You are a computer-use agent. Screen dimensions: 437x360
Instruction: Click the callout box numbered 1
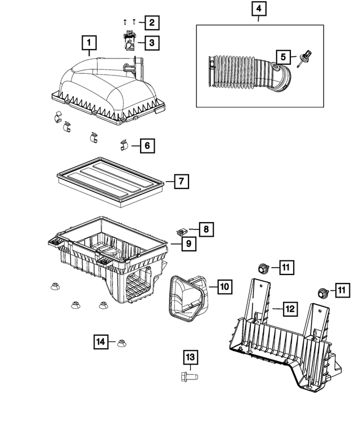(89, 42)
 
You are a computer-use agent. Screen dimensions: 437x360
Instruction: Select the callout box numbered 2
(150, 23)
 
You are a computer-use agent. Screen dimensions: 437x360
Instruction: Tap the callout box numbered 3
(150, 42)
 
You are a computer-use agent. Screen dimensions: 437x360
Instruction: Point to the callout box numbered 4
(258, 10)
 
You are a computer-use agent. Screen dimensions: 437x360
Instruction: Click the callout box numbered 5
(283, 56)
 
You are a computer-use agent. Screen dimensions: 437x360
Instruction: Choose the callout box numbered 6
(146, 146)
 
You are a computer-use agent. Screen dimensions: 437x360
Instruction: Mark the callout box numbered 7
(181, 182)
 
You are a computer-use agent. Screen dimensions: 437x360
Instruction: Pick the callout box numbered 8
(206, 229)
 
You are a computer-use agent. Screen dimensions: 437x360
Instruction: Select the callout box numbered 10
(223, 287)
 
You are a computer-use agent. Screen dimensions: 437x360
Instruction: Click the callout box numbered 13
(190, 357)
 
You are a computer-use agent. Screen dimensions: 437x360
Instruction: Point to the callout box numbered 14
(101, 341)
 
